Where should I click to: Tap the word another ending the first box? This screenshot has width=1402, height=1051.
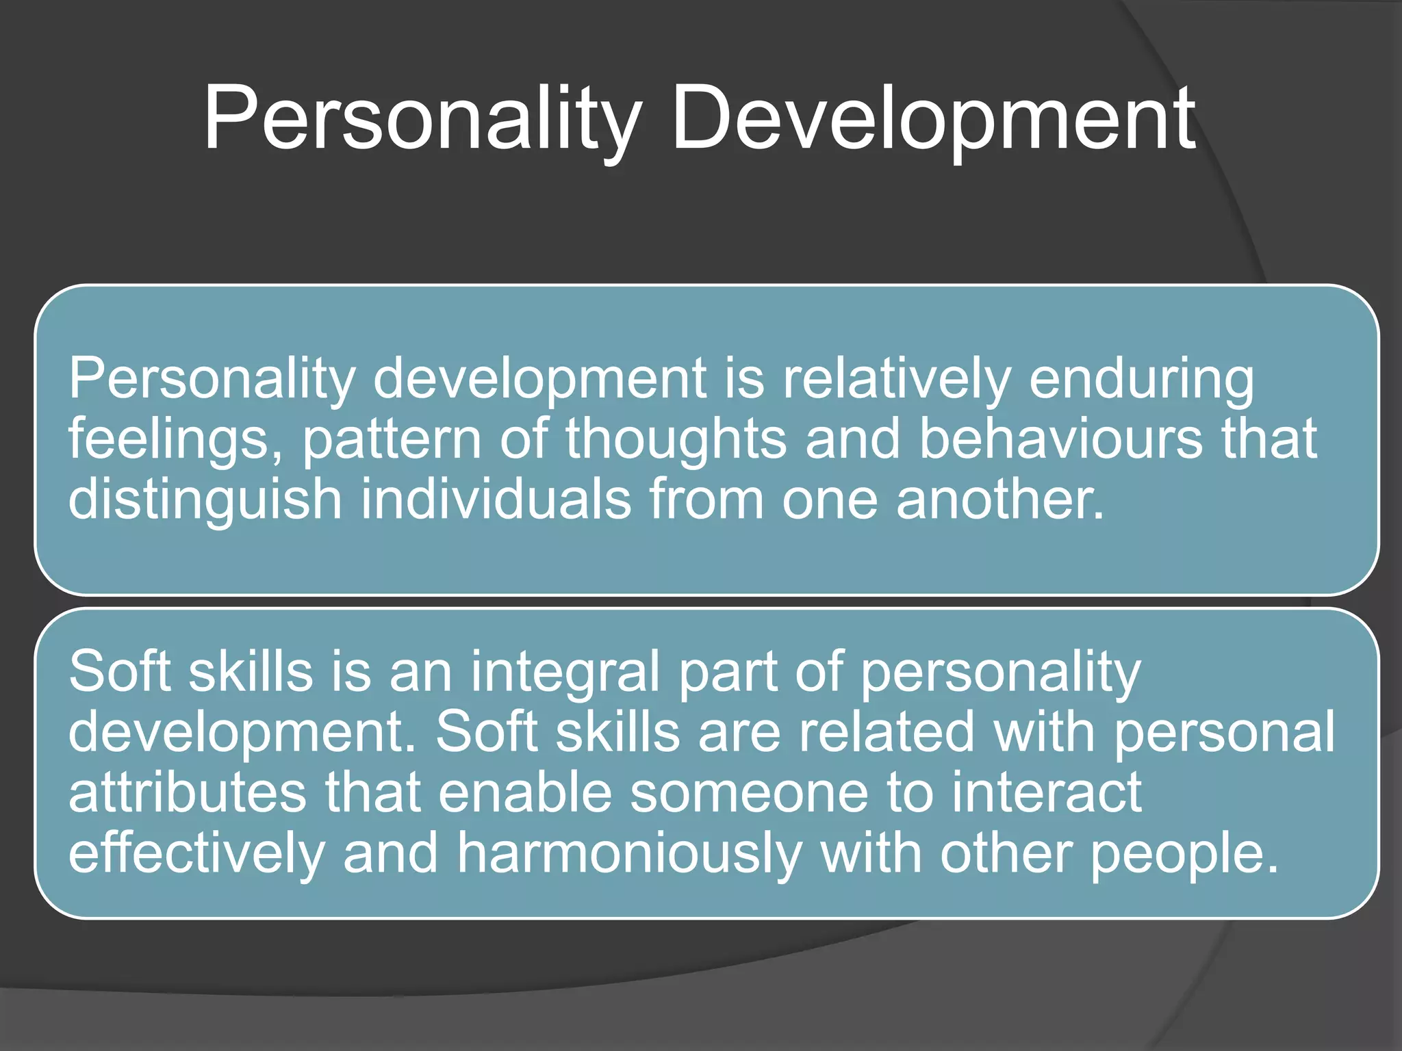click(999, 499)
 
